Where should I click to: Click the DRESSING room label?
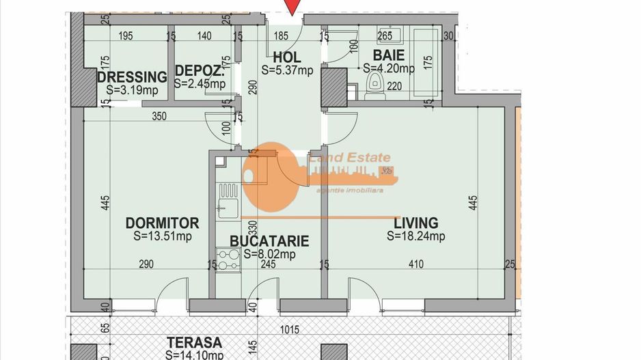pyautogui.click(x=132, y=77)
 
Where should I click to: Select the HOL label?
pyautogui.click(x=286, y=57)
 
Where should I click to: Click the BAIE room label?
pyautogui.click(x=388, y=55)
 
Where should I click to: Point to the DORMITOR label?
pyautogui.click(x=162, y=223)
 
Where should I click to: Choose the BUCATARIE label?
pyautogui.click(x=269, y=241)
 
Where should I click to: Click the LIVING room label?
pyautogui.click(x=415, y=223)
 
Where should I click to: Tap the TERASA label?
pyautogui.click(x=195, y=343)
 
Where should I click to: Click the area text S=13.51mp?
pyautogui.click(x=163, y=236)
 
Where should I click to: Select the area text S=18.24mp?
pyautogui.click(x=415, y=236)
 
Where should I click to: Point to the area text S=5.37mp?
pyautogui.click(x=287, y=69)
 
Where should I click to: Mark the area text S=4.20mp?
pyautogui.click(x=388, y=68)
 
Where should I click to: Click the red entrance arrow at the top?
pyautogui.click(x=292, y=7)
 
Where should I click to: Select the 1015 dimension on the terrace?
pyautogui.click(x=290, y=329)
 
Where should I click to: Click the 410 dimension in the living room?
pyautogui.click(x=415, y=264)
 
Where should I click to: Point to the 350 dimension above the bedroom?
pyautogui.click(x=159, y=116)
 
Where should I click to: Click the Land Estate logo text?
pyautogui.click(x=351, y=158)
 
